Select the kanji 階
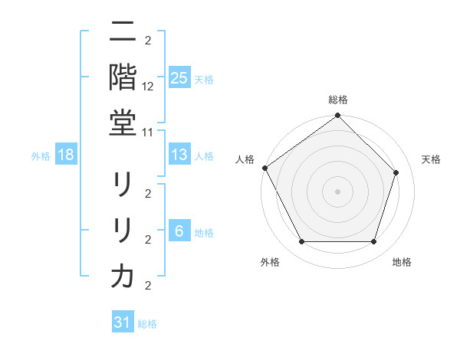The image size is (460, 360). (x=123, y=77)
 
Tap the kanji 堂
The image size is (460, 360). (x=123, y=123)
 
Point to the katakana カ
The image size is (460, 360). (x=123, y=277)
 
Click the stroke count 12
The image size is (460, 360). (x=149, y=87)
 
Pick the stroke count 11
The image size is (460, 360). (x=149, y=132)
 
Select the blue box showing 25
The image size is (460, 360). (x=179, y=77)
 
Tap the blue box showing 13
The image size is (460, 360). (x=179, y=155)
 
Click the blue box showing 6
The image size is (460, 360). (x=179, y=231)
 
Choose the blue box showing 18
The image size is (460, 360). (x=66, y=155)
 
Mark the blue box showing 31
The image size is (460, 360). (x=123, y=322)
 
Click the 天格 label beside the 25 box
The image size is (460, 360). (x=204, y=79)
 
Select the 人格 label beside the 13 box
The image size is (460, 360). (x=204, y=155)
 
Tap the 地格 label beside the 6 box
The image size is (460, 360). (x=204, y=232)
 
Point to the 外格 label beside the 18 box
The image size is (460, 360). (x=41, y=155)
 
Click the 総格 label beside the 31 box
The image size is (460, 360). (x=147, y=324)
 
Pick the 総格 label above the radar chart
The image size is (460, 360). (x=337, y=100)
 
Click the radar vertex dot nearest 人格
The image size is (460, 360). (x=264, y=168)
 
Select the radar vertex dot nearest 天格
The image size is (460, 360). (x=396, y=172)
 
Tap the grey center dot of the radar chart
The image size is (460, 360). (x=337, y=191)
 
